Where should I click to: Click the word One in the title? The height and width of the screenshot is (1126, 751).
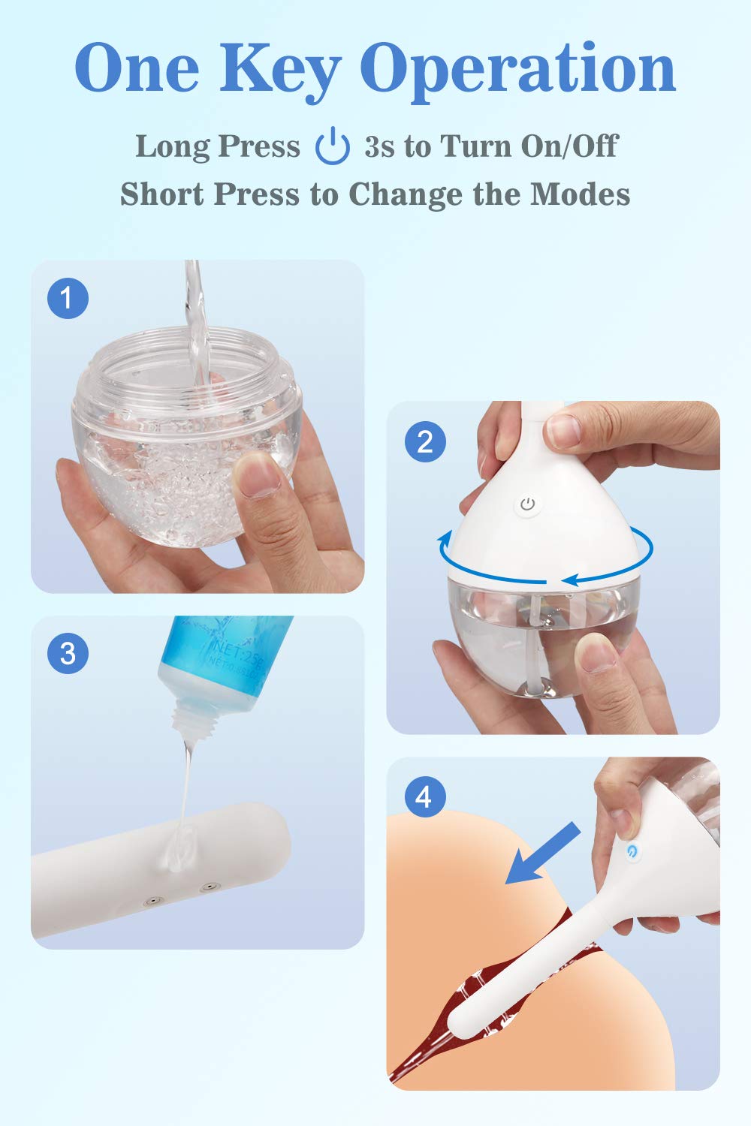point(137,69)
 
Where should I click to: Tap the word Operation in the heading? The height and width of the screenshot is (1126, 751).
point(518,69)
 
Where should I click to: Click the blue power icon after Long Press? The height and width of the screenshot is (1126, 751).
point(332,146)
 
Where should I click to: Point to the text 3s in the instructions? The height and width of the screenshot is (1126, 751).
point(380,146)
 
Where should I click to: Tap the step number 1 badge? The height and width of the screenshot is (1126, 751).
point(68,298)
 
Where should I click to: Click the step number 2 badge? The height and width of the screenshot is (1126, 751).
point(425,441)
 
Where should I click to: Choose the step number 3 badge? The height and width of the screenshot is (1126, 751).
point(68,652)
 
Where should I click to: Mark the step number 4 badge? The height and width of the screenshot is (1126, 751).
point(425,796)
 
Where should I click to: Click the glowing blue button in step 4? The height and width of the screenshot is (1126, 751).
point(632,851)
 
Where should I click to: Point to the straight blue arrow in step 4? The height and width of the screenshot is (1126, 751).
point(542,853)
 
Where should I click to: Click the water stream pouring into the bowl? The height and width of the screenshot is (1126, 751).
point(195,315)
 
